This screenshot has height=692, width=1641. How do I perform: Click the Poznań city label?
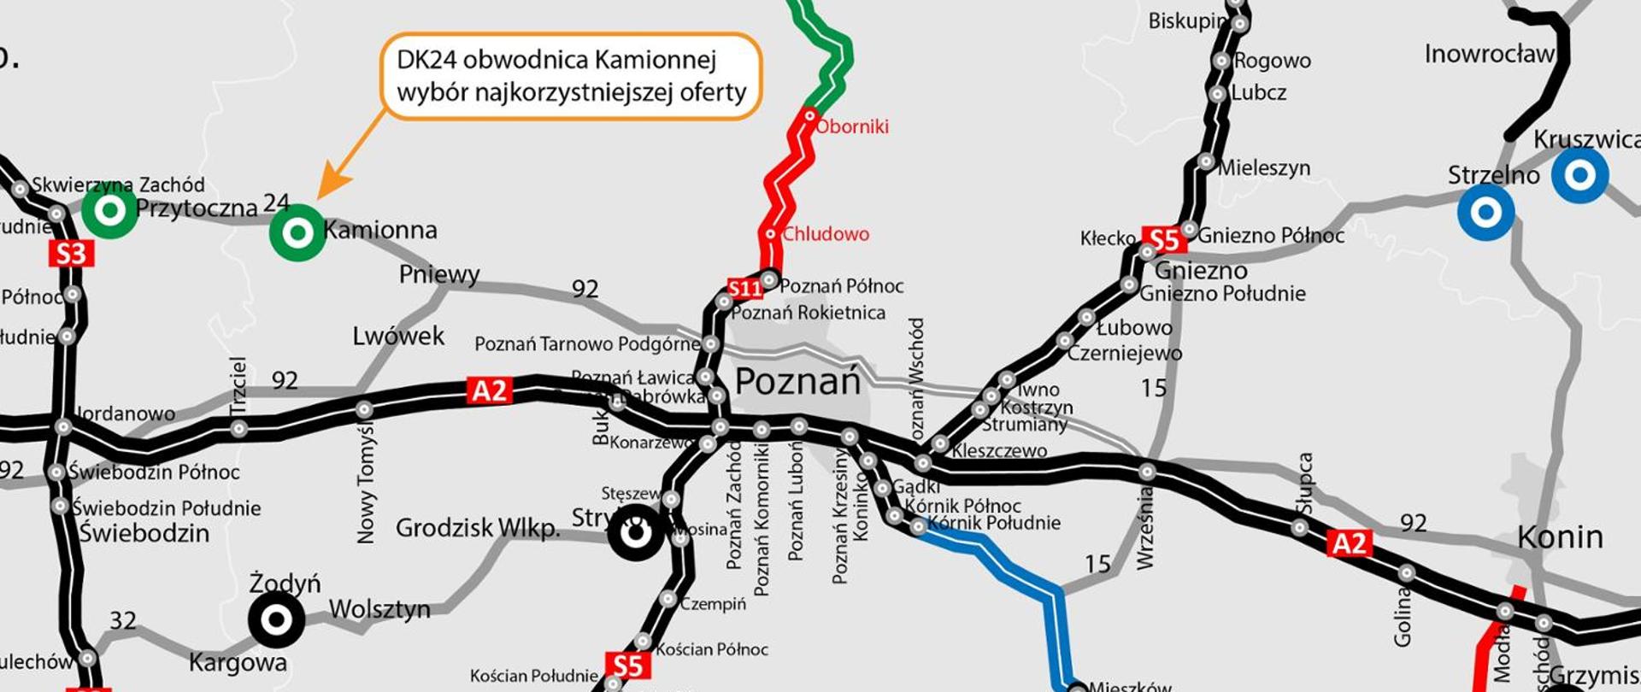[x=797, y=382]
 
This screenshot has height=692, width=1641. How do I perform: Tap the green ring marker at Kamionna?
[x=297, y=232]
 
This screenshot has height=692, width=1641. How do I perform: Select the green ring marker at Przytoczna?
[x=109, y=210]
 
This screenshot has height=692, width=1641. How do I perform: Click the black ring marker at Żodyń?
[x=276, y=620]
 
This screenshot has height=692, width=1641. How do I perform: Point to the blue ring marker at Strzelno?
[x=1486, y=212]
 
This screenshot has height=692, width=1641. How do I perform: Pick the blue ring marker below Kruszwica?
[x=1580, y=175]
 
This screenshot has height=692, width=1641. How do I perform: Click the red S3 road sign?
[x=71, y=254]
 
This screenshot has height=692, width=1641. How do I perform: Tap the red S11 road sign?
[x=744, y=289]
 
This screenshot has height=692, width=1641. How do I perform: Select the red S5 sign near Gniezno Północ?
[x=1164, y=240]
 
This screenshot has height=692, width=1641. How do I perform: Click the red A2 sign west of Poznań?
[x=490, y=390]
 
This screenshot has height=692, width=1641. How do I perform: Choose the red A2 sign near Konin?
[x=1350, y=542]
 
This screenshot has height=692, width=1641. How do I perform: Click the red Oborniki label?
[x=852, y=126]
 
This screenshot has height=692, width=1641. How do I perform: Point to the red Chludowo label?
[x=826, y=234]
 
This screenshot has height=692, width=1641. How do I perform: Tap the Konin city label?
[x=1560, y=537]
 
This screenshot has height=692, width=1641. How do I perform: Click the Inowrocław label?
[x=1489, y=55]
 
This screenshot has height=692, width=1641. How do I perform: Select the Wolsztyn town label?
[x=379, y=610]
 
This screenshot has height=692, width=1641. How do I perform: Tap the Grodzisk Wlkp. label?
[x=477, y=528]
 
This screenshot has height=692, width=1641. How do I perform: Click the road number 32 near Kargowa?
[x=123, y=620]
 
